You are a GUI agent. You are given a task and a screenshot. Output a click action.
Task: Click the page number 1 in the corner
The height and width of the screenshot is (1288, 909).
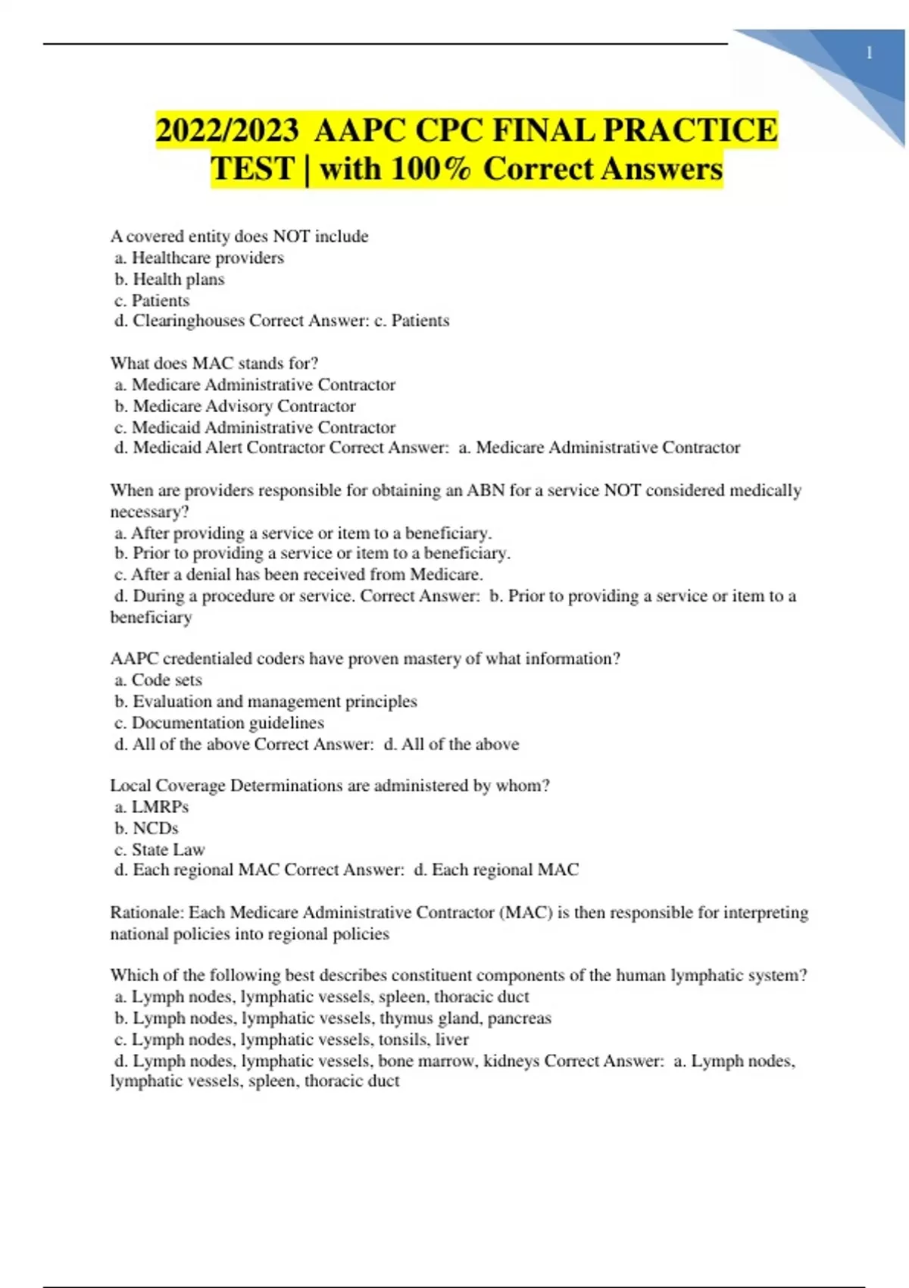coord(869,53)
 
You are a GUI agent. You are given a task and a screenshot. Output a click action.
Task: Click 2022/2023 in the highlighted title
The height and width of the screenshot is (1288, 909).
coord(226,130)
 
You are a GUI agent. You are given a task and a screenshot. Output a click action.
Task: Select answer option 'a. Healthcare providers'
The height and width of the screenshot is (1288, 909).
coord(199,258)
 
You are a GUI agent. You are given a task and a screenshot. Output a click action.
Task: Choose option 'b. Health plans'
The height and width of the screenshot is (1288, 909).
coord(170,279)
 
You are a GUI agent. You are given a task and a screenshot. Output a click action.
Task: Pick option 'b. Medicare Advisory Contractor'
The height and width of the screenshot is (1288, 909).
coord(235,406)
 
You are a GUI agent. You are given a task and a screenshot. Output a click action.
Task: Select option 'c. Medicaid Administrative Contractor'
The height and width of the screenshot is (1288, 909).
coord(255,427)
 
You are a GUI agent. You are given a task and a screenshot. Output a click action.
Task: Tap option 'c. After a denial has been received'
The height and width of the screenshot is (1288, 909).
coord(298,574)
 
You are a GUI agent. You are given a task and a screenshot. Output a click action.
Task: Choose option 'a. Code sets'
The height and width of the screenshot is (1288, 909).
coord(158,680)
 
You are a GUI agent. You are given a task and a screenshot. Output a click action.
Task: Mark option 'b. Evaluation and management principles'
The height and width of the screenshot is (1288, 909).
coord(266,701)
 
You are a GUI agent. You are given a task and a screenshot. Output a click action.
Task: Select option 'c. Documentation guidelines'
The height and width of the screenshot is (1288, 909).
coord(219,722)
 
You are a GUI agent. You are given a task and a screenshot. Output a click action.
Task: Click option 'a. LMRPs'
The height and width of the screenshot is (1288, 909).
coord(151,807)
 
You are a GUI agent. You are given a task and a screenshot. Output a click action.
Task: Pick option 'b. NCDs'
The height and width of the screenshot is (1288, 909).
coord(146,828)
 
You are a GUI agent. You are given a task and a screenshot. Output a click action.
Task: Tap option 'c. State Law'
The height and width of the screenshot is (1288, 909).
coord(160,849)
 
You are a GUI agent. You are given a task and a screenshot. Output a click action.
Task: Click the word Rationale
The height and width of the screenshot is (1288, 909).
coord(145,912)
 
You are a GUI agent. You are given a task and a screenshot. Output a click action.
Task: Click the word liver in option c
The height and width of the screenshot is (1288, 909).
coord(452,1039)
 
